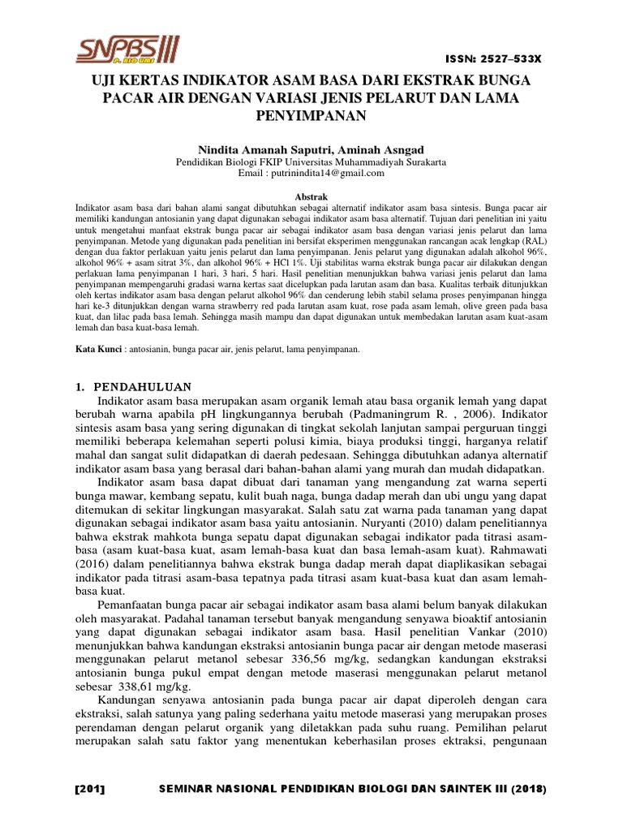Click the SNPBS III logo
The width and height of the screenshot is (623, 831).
tap(127, 50)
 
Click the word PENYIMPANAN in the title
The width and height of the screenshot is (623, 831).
tap(312, 116)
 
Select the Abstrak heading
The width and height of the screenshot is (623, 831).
tap(311, 197)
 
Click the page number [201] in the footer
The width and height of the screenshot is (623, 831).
tap(90, 789)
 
